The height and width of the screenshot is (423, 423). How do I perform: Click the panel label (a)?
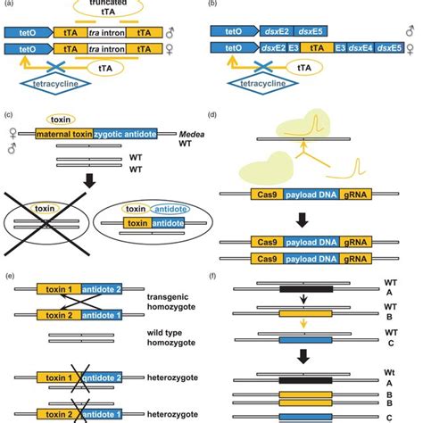[9, 4]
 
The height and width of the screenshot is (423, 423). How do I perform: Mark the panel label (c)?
[9, 115]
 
